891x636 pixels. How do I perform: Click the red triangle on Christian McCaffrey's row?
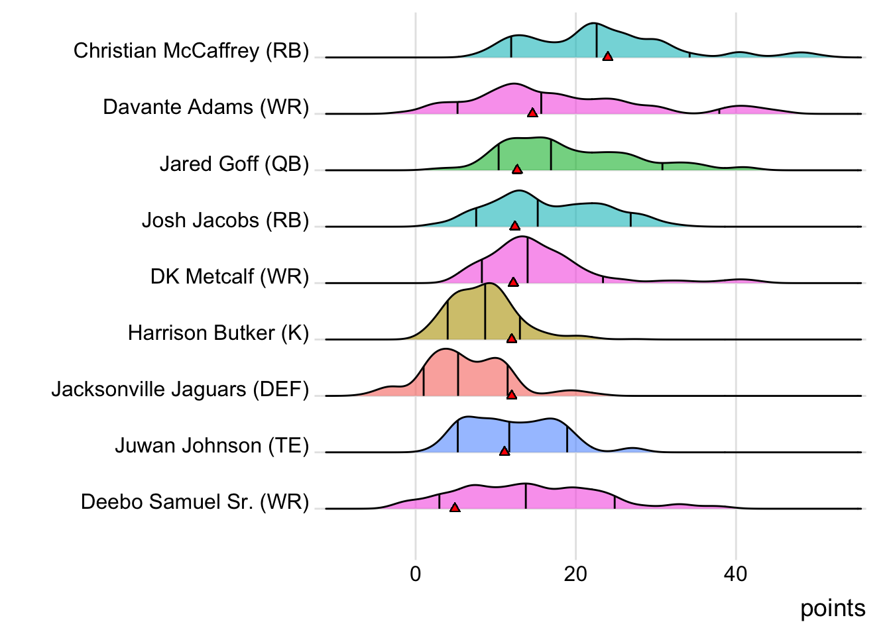click(x=607, y=57)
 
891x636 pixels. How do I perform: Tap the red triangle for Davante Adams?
click(x=532, y=113)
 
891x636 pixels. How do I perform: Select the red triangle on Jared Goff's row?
click(x=517, y=170)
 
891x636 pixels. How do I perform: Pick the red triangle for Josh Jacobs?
click(x=514, y=226)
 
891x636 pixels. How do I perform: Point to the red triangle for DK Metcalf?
click(x=513, y=282)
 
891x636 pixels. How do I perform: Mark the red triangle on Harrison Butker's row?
click(x=512, y=339)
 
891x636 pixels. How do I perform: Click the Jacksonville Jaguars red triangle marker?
click(x=512, y=395)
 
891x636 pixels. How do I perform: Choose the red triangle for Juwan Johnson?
click(x=505, y=451)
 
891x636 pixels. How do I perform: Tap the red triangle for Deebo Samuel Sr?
click(x=455, y=507)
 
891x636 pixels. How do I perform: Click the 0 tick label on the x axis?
click(x=416, y=574)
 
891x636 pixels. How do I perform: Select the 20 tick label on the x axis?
click(x=575, y=574)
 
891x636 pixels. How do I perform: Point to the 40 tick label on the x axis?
click(x=736, y=574)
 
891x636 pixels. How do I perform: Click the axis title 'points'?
click(x=833, y=608)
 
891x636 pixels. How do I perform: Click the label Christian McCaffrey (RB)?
click(x=191, y=51)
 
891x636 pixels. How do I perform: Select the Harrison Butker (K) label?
click(x=218, y=333)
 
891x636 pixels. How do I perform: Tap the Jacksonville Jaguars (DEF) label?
click(x=180, y=389)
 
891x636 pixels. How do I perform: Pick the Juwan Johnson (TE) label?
click(x=211, y=445)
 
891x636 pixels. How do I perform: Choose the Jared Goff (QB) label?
click(x=234, y=164)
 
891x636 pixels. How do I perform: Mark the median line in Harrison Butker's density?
click(x=485, y=312)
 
